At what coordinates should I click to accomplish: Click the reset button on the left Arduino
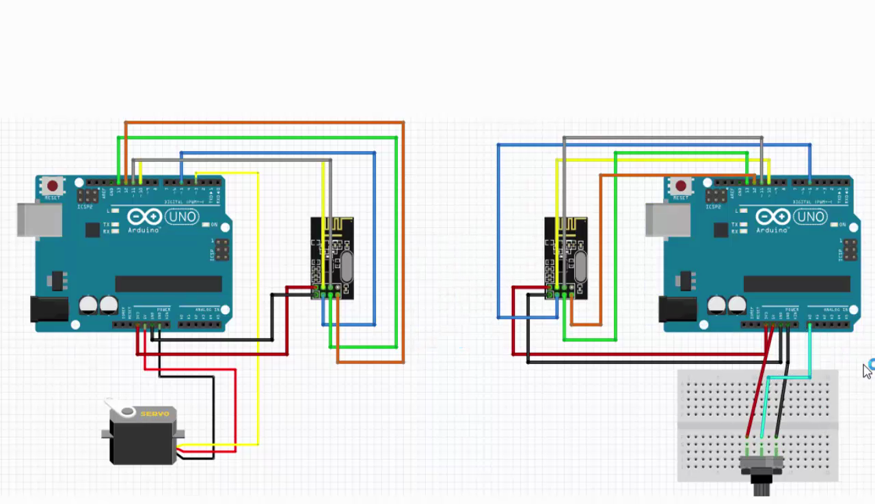[x=52, y=185]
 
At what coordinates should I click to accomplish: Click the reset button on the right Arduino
[x=680, y=186]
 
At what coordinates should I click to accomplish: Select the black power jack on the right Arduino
[x=677, y=309]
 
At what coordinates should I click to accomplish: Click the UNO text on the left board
[x=181, y=217]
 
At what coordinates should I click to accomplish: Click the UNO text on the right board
[x=810, y=217]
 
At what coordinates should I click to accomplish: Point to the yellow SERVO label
[x=154, y=414]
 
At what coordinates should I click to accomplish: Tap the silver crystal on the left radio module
[x=346, y=266]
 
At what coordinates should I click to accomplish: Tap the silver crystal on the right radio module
[x=580, y=266]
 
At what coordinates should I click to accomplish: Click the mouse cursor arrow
[x=867, y=371]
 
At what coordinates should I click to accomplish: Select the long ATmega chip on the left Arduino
[x=168, y=284]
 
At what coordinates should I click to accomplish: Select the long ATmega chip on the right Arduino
[x=796, y=284]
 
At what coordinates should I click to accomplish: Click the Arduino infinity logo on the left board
[x=144, y=217]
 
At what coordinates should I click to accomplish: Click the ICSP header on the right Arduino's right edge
[x=850, y=249]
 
